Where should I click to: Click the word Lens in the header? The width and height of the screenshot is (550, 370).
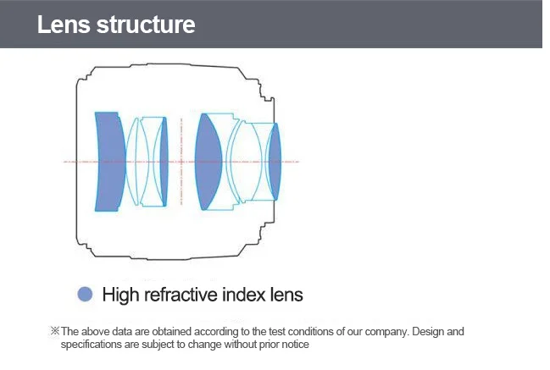(x=64, y=25)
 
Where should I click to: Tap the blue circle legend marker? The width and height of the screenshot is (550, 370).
(x=85, y=295)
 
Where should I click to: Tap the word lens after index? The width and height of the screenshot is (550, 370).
(x=285, y=295)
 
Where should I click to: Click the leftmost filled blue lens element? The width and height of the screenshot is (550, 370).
(x=109, y=161)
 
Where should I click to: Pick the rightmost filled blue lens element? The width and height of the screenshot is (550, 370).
(x=273, y=161)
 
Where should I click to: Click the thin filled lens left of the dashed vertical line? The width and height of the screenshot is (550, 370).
(x=164, y=161)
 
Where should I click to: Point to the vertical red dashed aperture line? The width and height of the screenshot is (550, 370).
(x=180, y=161)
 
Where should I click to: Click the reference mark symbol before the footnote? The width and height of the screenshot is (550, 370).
(x=55, y=332)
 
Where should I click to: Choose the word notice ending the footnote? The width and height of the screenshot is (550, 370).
(x=292, y=345)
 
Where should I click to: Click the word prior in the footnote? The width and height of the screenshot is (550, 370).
(x=262, y=345)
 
